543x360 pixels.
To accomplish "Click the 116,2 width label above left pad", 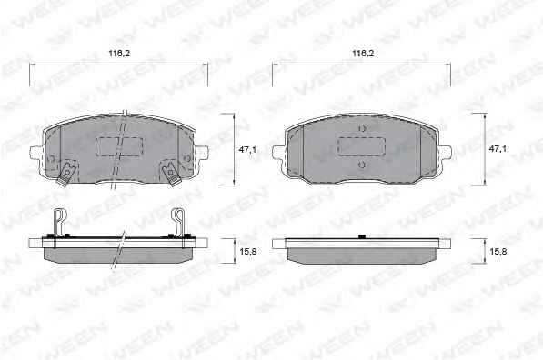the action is (119, 54).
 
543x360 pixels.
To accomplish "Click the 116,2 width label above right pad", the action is (363, 54).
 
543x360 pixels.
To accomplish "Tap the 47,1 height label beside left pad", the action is (247, 149).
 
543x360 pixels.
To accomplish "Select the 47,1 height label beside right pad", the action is (498, 149).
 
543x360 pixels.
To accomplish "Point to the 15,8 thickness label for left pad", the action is (248, 252).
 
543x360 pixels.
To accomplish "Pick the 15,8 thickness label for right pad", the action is (498, 252).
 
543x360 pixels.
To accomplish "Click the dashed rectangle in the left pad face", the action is (119, 146).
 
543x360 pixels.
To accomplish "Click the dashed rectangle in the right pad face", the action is (361, 146).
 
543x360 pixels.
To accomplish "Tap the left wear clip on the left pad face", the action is (66, 173).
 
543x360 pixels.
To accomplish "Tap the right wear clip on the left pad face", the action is (171, 173).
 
